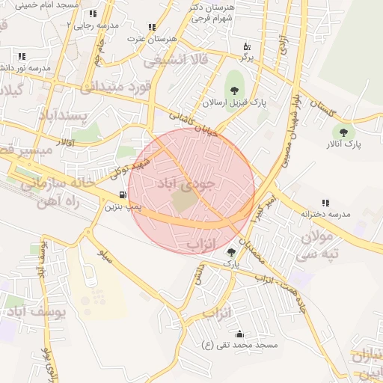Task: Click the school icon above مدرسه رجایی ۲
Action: (x=92, y=13)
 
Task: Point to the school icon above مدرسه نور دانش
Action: (x=21, y=56)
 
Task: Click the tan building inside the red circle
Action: (x=183, y=200)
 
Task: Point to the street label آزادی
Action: (x=284, y=48)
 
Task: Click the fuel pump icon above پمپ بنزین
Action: (x=123, y=194)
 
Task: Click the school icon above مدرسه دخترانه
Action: (x=325, y=203)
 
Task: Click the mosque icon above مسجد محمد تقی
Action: (x=239, y=334)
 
